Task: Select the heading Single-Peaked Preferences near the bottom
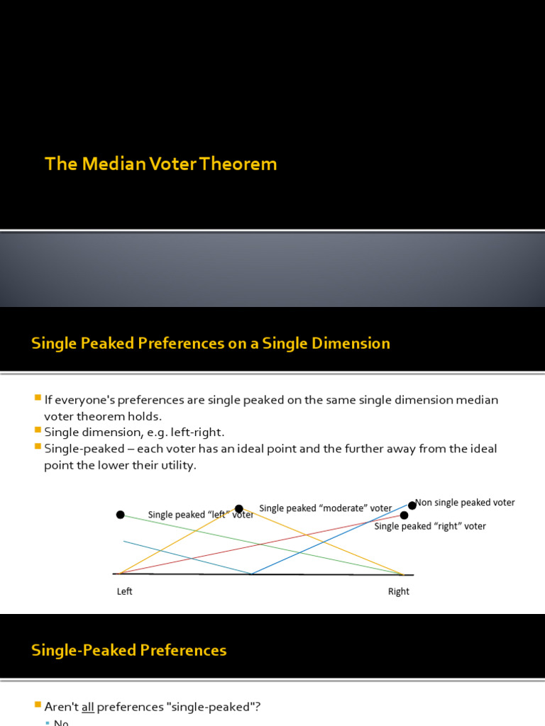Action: click(x=128, y=650)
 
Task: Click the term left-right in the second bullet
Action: click(x=197, y=432)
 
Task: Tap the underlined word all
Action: click(x=88, y=707)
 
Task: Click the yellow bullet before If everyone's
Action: click(x=38, y=398)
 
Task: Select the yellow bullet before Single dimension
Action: click(x=38, y=430)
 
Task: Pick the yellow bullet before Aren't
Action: click(x=38, y=705)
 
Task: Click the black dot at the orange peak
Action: click(x=239, y=508)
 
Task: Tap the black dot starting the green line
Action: click(x=121, y=515)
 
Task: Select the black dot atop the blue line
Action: click(x=412, y=506)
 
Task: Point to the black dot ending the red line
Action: click(x=404, y=515)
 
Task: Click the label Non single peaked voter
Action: click(x=466, y=503)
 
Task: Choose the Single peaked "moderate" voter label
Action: click(x=326, y=508)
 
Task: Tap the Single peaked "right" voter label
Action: click(x=430, y=526)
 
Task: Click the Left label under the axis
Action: click(x=125, y=591)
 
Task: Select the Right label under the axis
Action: click(x=399, y=591)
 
